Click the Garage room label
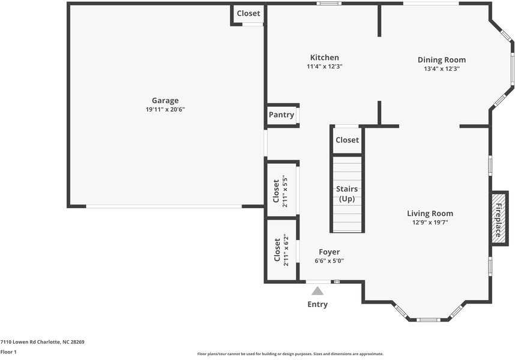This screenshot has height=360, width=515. click(165, 101)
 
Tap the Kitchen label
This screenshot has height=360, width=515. click(324, 58)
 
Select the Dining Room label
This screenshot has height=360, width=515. click(441, 60)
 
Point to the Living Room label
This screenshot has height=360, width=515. click(430, 214)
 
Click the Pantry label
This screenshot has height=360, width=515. click(281, 115)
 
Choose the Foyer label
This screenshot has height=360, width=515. click(329, 252)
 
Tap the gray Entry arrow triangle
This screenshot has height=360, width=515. click(318, 291)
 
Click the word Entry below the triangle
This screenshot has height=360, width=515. click(318, 304)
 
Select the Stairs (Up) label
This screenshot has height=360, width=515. click(347, 194)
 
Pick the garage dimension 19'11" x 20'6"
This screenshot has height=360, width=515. click(165, 109)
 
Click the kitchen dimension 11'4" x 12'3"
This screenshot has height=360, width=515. click(324, 67)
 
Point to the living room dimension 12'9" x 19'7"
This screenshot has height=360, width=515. click(430, 222)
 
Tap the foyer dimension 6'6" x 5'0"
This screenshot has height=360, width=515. click(329, 261)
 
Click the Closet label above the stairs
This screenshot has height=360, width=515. click(347, 140)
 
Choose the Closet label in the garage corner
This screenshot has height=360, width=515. click(248, 13)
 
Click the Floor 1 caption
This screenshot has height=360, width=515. click(8, 352)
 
